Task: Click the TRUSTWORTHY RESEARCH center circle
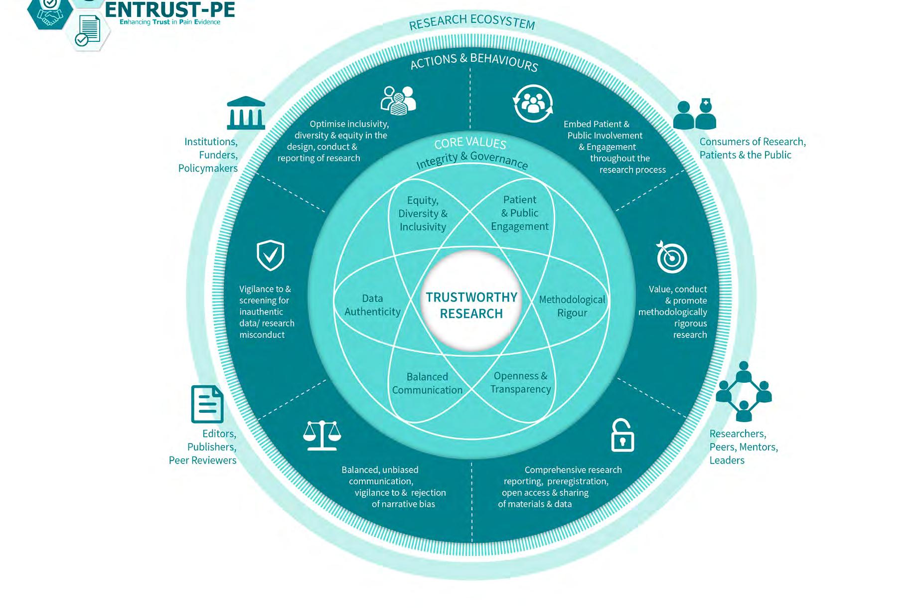(x=471, y=305)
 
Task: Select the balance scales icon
(x=322, y=435)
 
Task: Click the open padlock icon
(x=622, y=436)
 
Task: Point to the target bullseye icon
(x=671, y=257)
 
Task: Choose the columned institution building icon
(x=246, y=113)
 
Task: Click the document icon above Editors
(x=207, y=404)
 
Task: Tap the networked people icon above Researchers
(x=744, y=392)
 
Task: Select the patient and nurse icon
(x=694, y=114)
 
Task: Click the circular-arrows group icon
(x=533, y=104)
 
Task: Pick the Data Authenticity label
(x=372, y=305)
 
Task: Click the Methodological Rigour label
(x=572, y=306)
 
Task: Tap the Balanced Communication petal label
(x=427, y=383)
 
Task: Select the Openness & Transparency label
(x=520, y=382)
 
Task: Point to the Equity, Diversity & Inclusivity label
(x=423, y=213)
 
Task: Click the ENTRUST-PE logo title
(x=170, y=10)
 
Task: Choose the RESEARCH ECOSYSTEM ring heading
(x=471, y=21)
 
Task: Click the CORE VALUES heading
(x=470, y=143)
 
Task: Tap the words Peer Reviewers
(x=202, y=460)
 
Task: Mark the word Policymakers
(x=208, y=168)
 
